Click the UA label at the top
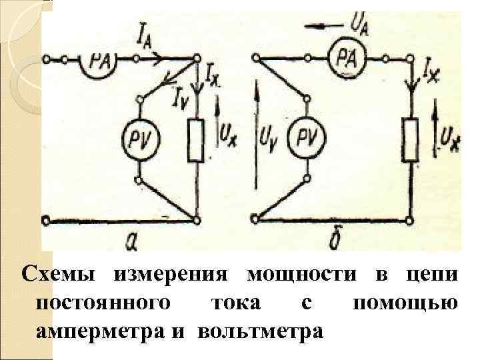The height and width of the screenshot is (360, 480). [360, 25]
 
